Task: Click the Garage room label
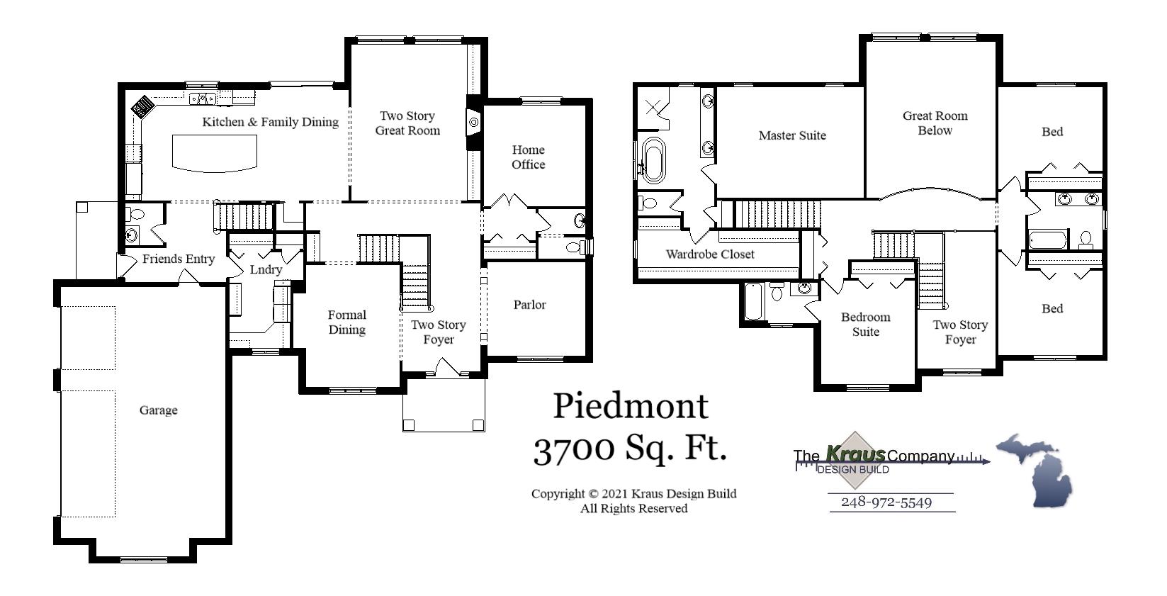pos(158,410)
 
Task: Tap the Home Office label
pos(528,157)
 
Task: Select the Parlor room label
pos(529,305)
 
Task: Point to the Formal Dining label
pos(346,322)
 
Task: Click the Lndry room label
pos(266,270)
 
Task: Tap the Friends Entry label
pos(178,259)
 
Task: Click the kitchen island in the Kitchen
pos(215,152)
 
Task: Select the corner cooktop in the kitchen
pos(143,107)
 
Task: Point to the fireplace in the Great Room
pos(473,123)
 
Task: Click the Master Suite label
pos(792,135)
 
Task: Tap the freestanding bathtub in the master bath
pos(653,160)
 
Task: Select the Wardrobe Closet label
pos(710,254)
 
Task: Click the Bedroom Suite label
pos(865,325)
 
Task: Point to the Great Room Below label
pos(935,123)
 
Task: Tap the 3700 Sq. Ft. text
pos(630,449)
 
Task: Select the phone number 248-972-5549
pos(891,502)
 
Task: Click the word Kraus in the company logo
pos(855,454)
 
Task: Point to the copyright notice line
pos(633,494)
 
